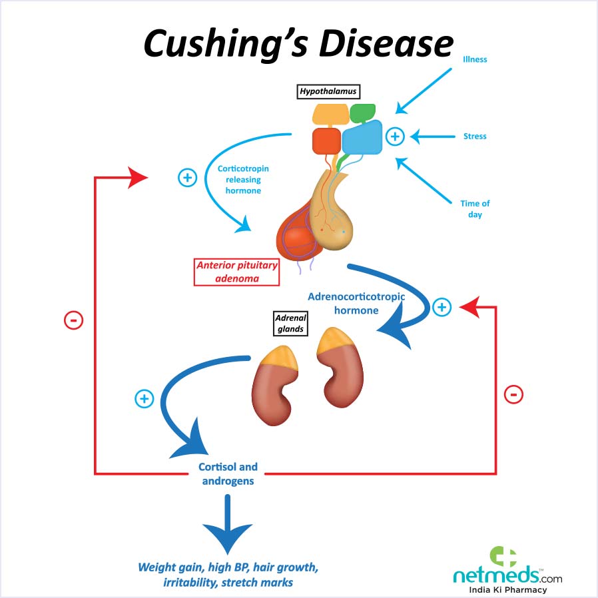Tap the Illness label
tap(475, 59)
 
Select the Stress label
tap(475, 137)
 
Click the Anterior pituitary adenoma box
tap(236, 272)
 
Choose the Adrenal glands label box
tap(290, 324)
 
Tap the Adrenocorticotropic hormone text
tap(356, 303)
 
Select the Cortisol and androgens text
tap(228, 473)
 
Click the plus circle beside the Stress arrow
tap(395, 137)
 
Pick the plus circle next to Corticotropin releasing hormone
tap(188, 178)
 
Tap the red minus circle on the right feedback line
tap(513, 394)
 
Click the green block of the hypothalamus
tap(362, 113)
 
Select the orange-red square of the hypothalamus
tap(326, 141)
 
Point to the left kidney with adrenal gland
tap(273, 384)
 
